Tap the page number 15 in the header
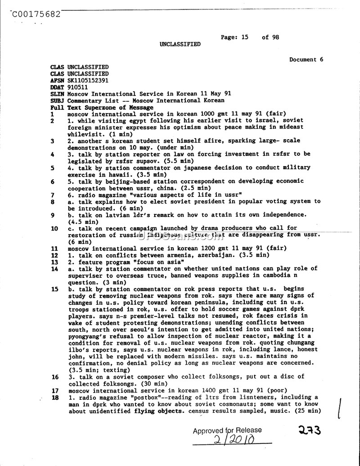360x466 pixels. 244,37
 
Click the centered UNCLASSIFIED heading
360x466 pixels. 180,44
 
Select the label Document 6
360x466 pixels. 306,59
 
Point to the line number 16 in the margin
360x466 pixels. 55,376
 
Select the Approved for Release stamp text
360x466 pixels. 227,430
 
